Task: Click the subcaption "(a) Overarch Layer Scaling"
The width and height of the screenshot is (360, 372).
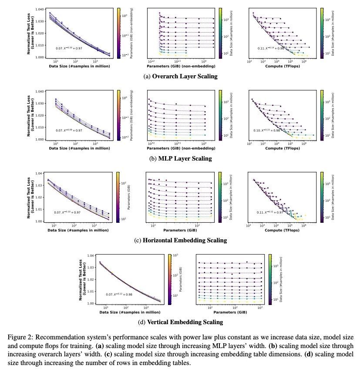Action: (x=180, y=77)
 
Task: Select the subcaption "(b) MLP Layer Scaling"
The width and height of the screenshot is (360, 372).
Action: (x=180, y=158)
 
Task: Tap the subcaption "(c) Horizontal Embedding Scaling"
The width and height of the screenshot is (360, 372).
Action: (x=180, y=240)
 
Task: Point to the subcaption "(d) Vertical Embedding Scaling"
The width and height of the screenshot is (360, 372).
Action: (x=180, y=322)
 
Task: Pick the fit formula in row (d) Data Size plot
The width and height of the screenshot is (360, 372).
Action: (x=119, y=294)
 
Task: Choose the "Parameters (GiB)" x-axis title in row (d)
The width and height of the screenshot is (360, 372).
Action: (x=229, y=312)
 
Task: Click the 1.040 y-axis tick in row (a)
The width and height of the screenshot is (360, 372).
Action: (x=39, y=9)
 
